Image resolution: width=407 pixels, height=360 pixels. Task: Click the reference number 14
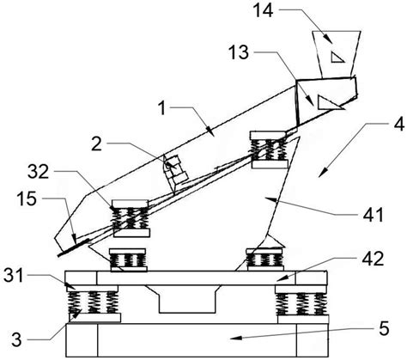point(264,10)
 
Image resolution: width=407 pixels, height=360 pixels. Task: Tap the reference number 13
point(239,52)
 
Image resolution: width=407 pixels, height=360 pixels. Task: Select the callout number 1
point(162,108)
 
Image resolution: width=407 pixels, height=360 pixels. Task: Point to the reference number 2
point(97,144)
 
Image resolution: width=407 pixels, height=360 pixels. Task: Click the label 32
point(38,172)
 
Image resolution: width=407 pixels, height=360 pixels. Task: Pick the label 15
point(27,198)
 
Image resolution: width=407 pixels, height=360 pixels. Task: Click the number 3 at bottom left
point(16,340)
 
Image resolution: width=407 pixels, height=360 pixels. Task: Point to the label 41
point(373,215)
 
